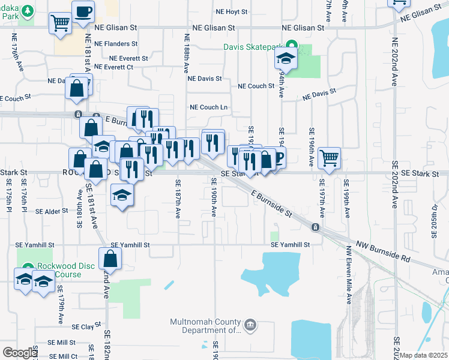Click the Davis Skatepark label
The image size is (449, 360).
pyautogui.click(x=252, y=46)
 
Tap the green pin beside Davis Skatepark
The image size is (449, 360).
pyautogui.click(x=292, y=46)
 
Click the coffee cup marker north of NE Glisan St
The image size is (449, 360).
pyautogui.click(x=83, y=11)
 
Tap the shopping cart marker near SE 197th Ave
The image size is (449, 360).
pyautogui.click(x=329, y=158)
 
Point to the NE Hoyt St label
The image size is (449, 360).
pyautogui.click(x=228, y=12)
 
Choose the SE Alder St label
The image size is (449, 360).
pyautogui.click(x=52, y=212)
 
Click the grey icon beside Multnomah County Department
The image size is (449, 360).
pyautogui.click(x=250, y=326)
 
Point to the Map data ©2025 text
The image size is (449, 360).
pyautogui.click(x=424, y=355)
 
